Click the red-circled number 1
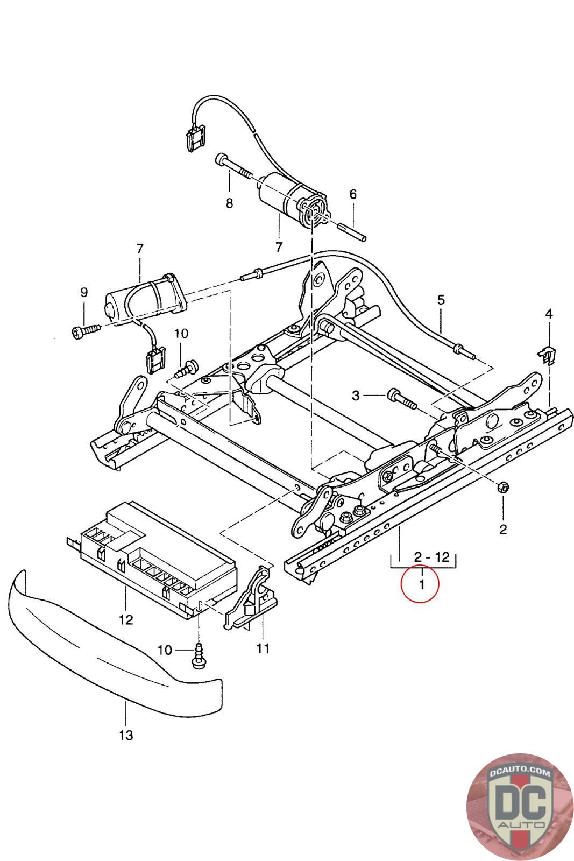tap(422, 584)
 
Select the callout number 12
tap(126, 619)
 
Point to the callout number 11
tap(263, 648)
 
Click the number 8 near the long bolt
tap(229, 203)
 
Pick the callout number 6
tap(353, 194)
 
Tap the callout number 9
tap(84, 293)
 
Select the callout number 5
tap(441, 299)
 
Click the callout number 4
tap(549, 314)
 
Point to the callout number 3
tap(356, 395)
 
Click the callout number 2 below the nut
tap(503, 530)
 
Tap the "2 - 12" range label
tap(432, 556)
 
